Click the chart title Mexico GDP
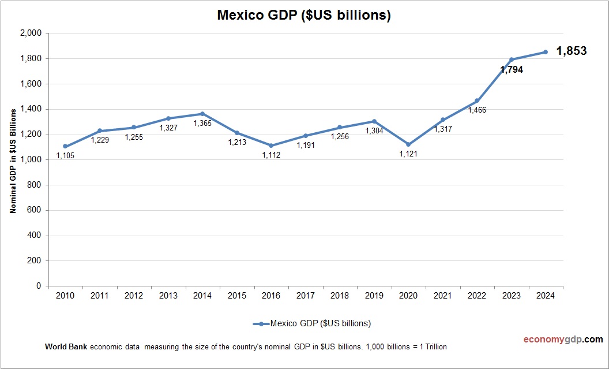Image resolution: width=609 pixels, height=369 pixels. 304,16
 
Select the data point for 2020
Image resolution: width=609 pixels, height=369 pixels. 408,144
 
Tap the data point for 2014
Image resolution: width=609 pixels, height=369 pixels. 202,114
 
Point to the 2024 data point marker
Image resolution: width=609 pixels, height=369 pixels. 546,52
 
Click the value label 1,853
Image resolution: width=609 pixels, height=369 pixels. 571,51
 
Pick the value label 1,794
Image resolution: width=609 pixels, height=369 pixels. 512,70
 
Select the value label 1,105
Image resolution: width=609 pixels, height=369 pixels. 66,155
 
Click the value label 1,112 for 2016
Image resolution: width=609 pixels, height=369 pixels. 271,155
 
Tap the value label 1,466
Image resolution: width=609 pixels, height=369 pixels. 477,110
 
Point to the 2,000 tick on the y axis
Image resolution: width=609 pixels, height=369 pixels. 31,33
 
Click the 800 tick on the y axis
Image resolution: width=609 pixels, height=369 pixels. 35,185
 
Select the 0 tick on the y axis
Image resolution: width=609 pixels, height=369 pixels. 39,286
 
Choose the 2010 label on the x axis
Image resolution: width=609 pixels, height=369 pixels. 65,296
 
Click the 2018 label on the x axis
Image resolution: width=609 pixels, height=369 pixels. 340,296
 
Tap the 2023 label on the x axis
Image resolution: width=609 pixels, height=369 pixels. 511,296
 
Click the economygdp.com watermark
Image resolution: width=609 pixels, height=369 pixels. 555,339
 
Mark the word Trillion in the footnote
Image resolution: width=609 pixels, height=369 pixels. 433,346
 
